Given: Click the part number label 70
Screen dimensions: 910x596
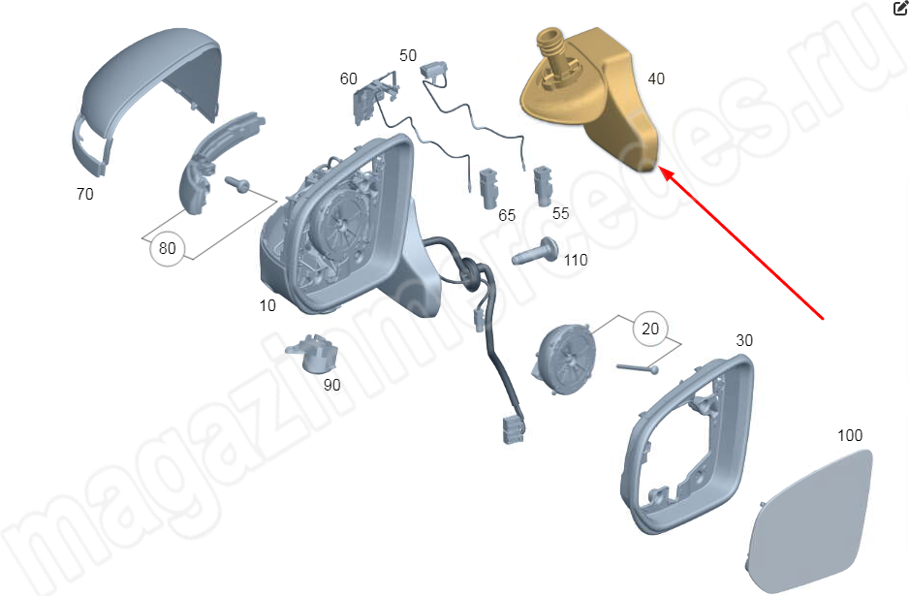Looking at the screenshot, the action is coord(84,194).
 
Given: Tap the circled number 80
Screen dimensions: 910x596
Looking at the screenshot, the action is coord(167,248).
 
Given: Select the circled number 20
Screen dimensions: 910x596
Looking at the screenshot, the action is coord(650,329).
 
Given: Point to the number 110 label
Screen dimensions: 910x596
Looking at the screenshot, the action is coord(576,260).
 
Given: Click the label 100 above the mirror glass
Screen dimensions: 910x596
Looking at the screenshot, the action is coord(850,435).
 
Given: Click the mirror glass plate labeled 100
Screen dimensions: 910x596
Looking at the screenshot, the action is coord(808,518).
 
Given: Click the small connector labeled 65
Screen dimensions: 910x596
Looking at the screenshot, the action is coord(488,189).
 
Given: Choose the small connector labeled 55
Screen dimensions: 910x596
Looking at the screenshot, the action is coord(543,186).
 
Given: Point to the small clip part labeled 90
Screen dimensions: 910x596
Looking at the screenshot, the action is coord(312,355).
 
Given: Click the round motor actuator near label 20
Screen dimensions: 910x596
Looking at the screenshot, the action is coord(563,360).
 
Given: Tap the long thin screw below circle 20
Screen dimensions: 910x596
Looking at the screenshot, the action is coord(638,368).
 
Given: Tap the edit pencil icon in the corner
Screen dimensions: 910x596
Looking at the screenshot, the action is coord(900,8).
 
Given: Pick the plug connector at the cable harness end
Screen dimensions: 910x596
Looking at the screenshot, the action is coord(513,429).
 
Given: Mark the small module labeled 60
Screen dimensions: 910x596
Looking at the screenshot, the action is coord(371,96).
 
